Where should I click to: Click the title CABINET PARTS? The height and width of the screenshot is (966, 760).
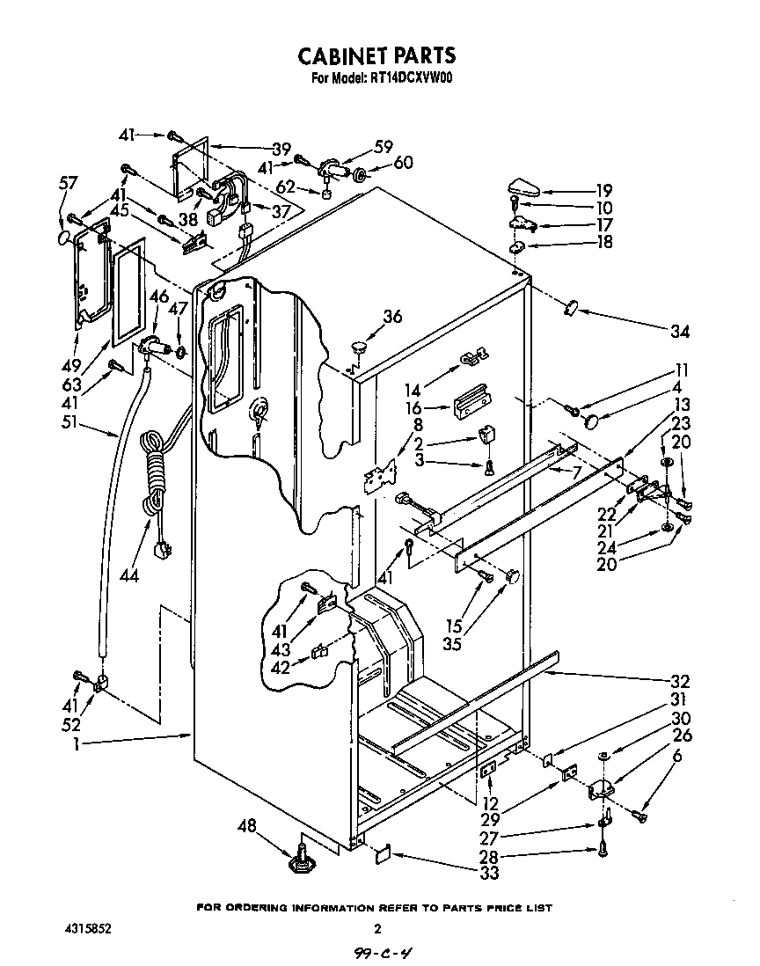376,56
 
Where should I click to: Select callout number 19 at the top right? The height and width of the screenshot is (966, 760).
603,190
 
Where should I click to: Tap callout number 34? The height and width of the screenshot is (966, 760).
679,332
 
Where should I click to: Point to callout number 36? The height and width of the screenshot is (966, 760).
392,318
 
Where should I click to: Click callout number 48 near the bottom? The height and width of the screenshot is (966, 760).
248,825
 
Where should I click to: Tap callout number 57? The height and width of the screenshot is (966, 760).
68,183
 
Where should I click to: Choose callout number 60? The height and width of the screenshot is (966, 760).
403,163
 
